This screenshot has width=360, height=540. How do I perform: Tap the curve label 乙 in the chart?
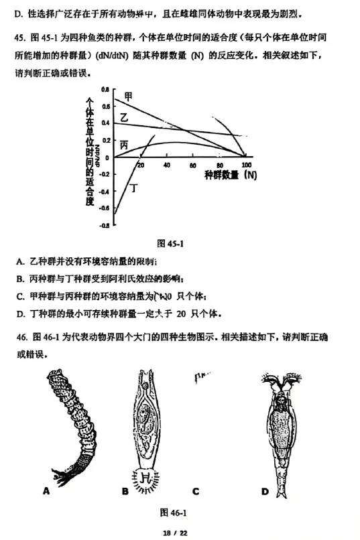pos(123,118)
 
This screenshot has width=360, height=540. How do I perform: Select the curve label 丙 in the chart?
pos(124,145)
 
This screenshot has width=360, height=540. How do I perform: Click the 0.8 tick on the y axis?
pos(105,89)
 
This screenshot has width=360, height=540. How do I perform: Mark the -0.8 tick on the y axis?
pos(104,226)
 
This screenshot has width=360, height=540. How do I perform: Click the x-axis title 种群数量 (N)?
pos(231,176)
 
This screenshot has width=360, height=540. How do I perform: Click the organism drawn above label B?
pos(148,425)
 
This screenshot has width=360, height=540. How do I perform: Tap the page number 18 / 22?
pos(179,532)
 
